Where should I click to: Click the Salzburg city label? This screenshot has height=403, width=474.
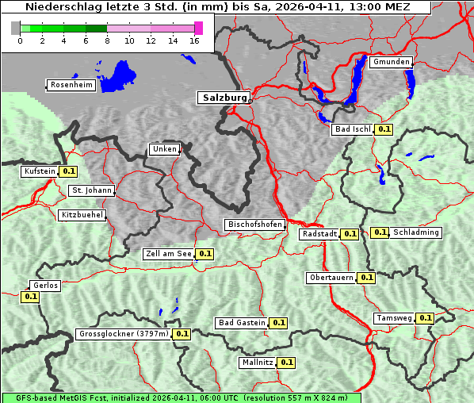pyautogui.click(x=224, y=98)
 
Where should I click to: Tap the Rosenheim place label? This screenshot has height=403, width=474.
pyautogui.click(x=72, y=85)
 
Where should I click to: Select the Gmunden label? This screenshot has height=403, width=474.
pyautogui.click(x=391, y=62)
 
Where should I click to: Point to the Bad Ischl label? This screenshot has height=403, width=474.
pyautogui.click(x=352, y=129)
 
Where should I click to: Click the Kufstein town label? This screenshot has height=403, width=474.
pyautogui.click(x=39, y=171)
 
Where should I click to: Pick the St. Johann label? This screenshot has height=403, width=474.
pyautogui.click(x=91, y=190)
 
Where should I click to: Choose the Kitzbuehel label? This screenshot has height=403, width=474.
pyautogui.click(x=82, y=215)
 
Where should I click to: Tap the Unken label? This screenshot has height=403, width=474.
pyautogui.click(x=163, y=149)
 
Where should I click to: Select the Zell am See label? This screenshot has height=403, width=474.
pyautogui.click(x=168, y=255)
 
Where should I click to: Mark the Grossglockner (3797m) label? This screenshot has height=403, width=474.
pyautogui.click(x=124, y=334)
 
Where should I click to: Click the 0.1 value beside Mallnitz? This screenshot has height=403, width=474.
pyautogui.click(x=287, y=363)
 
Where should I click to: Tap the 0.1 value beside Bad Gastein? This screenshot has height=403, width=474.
pyautogui.click(x=278, y=323)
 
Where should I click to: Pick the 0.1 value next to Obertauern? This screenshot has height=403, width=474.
pyautogui.click(x=366, y=278)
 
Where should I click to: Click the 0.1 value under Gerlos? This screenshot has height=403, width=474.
pyautogui.click(x=31, y=297)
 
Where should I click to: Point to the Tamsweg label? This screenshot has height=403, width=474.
pyautogui.click(x=394, y=318)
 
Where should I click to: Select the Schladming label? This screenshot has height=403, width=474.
pyautogui.click(x=416, y=232)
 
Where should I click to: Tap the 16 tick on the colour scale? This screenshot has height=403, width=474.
pyautogui.click(x=195, y=41)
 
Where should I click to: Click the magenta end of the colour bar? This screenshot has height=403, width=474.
pyautogui.click(x=198, y=28)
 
